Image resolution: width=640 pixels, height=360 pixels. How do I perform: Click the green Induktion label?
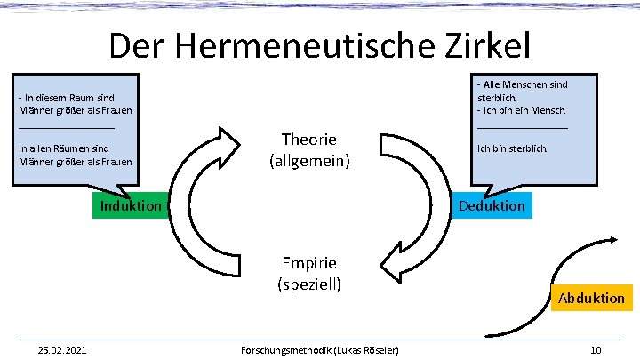130,205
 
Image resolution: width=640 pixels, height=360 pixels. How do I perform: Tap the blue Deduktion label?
492,205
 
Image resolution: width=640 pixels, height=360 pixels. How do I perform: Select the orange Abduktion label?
591,298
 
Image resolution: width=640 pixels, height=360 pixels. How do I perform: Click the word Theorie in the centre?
309,140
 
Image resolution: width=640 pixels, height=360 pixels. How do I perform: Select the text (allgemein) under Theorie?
309,162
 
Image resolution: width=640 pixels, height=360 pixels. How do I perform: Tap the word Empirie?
309,263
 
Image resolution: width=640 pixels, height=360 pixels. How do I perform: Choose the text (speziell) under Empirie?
309,284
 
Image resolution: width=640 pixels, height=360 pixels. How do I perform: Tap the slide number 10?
596,350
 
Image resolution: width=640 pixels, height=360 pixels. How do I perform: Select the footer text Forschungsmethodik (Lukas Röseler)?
320,350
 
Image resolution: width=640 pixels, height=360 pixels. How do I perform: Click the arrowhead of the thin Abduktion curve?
614,238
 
